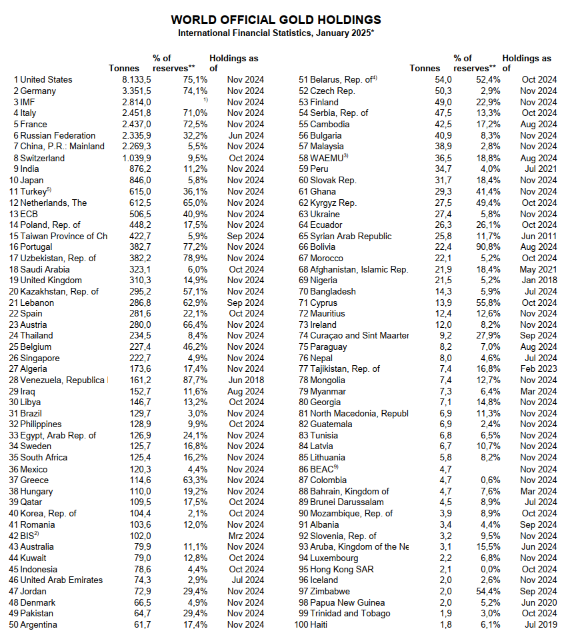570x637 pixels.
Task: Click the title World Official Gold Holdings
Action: [276, 20]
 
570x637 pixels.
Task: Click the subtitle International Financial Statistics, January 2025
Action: [276, 33]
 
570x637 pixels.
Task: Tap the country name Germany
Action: [38, 91]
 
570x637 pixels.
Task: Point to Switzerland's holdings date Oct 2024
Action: [245, 158]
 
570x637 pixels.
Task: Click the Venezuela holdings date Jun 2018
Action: [245, 380]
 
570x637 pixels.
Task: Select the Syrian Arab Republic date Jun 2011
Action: [539, 236]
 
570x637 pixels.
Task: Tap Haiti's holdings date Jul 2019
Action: [540, 624]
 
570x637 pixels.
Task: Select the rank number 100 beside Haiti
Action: [301, 624]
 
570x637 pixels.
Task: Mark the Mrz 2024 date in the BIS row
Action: [245, 535]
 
